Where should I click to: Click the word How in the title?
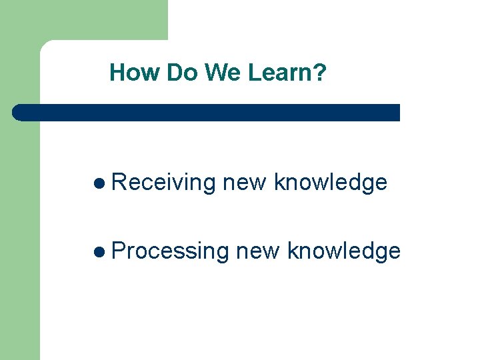click(x=135, y=73)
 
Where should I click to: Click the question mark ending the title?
click(x=321, y=73)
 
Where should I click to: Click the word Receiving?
click(x=164, y=183)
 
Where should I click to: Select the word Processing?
click(x=171, y=252)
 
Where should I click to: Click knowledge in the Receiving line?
click(x=331, y=183)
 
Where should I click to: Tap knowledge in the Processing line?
click(x=344, y=252)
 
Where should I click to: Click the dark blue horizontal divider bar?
click(x=207, y=113)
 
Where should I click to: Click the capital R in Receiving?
click(x=119, y=182)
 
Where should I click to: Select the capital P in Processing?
click(x=119, y=251)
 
